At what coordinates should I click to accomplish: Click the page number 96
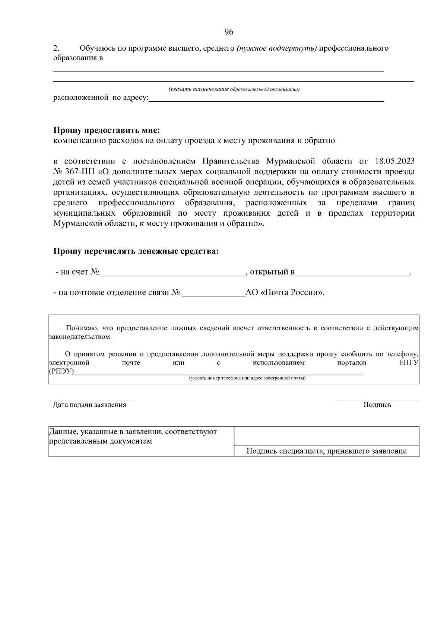[x=229, y=32]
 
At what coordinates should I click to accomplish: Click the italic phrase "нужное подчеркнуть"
[x=277, y=48]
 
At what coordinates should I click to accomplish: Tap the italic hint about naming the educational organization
[x=234, y=89]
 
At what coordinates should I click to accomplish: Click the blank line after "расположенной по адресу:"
[x=266, y=99]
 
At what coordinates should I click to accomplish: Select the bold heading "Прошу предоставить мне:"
[x=107, y=130]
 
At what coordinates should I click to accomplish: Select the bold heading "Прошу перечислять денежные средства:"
[x=136, y=251]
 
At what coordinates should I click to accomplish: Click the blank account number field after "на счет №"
[x=173, y=273]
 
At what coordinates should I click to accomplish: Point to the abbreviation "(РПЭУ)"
[x=61, y=372]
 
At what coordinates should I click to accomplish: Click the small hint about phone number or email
[x=247, y=378]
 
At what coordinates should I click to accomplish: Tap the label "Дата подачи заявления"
[x=89, y=405]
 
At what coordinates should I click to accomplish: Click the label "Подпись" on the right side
[x=377, y=405]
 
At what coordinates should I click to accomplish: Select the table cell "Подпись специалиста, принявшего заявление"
[x=326, y=451]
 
